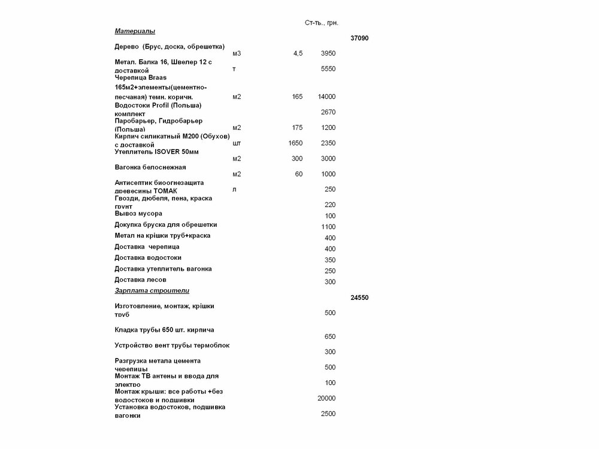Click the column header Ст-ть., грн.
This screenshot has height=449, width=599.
[x=322, y=23]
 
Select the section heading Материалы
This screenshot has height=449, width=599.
[x=135, y=31]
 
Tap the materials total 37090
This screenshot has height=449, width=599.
[x=359, y=38]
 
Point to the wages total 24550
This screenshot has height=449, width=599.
[x=359, y=298]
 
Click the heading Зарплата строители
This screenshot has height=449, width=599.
[x=152, y=290]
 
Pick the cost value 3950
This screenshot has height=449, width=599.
[x=328, y=53]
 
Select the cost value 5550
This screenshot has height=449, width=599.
[x=328, y=69]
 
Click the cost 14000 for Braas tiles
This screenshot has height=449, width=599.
[x=326, y=96]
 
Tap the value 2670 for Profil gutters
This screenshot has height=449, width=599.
[x=328, y=112]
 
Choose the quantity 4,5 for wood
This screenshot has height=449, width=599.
[x=298, y=53]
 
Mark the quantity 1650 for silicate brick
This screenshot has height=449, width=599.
[x=295, y=143]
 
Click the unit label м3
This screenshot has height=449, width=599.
[x=236, y=53]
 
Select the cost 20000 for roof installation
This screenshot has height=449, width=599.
[x=326, y=398]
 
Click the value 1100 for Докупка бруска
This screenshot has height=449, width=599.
[x=328, y=227]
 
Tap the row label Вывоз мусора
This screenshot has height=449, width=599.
[x=138, y=214]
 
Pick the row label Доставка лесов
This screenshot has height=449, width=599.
[x=140, y=280]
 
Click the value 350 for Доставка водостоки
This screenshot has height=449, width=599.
[x=330, y=260]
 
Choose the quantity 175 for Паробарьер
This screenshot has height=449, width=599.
[x=297, y=128]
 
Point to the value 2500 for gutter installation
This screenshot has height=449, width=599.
[x=328, y=414]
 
